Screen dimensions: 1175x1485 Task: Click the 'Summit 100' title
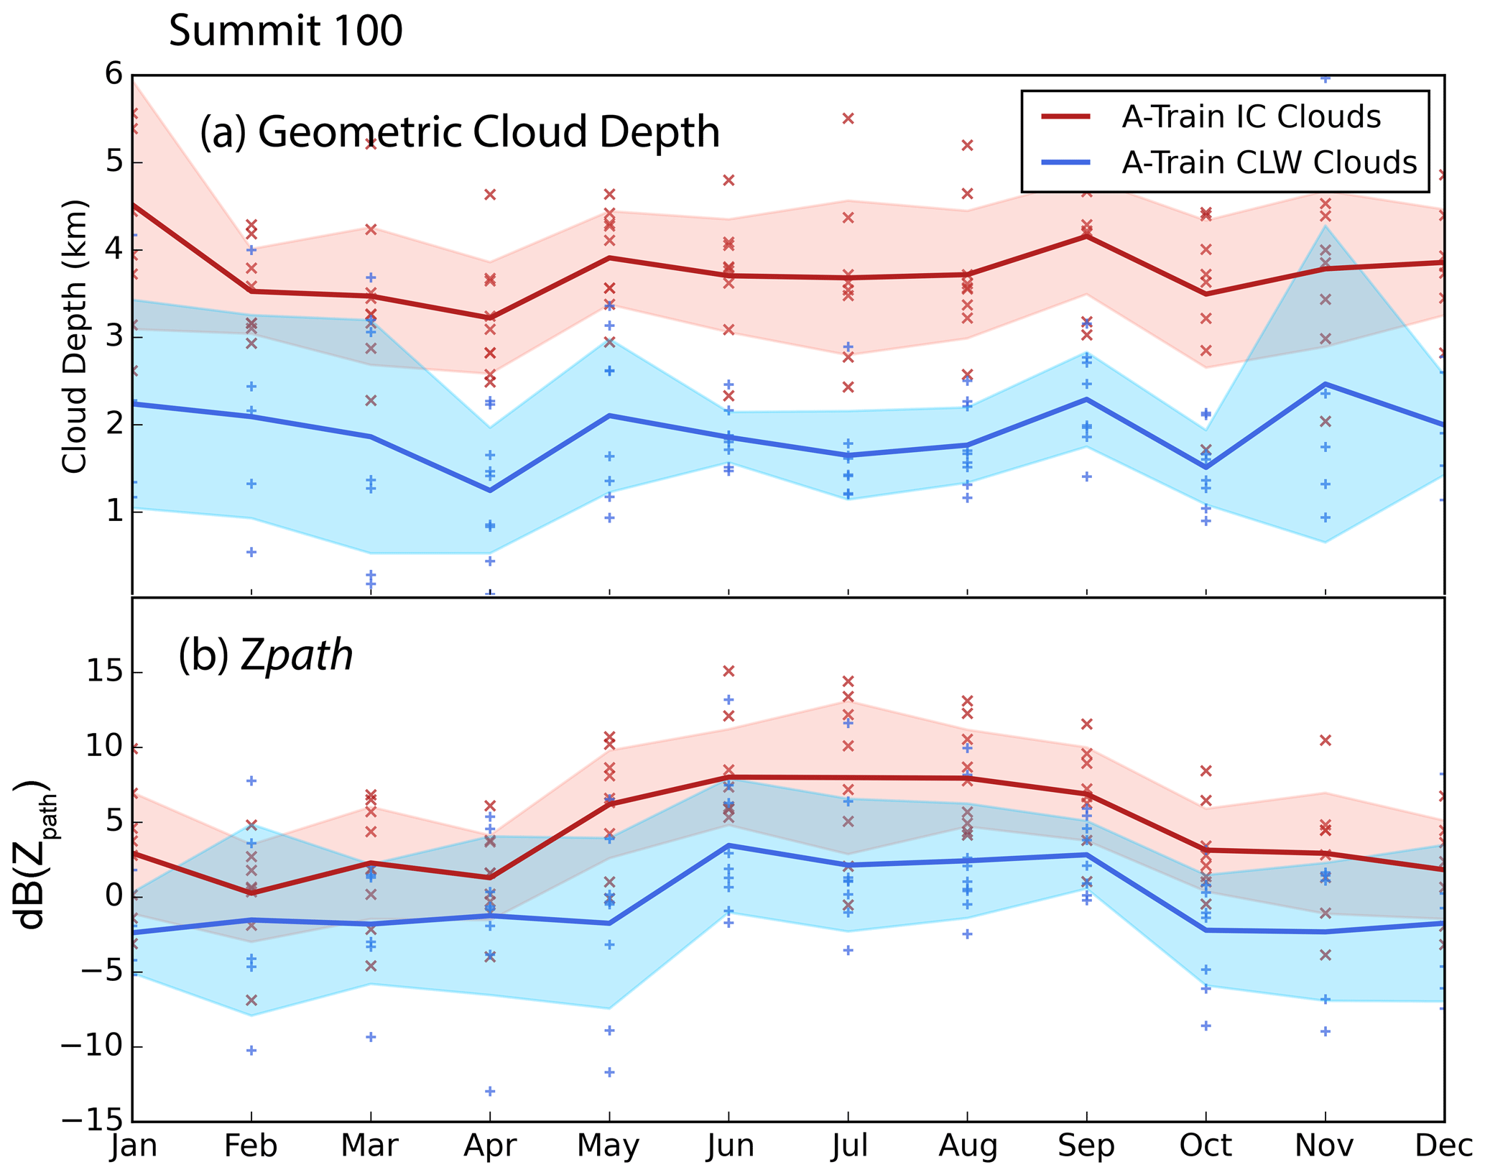285,32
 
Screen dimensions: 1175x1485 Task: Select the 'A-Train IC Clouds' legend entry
1251,117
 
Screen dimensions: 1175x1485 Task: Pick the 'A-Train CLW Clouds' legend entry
1269,163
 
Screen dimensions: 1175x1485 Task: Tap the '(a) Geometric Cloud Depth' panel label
460,132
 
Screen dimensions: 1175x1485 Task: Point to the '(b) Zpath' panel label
266,655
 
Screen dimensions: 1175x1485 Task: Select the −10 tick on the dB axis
95,1048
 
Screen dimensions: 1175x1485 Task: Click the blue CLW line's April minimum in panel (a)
490,491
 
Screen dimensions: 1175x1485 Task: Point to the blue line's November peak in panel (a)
1326,384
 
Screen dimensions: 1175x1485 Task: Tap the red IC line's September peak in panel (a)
1087,236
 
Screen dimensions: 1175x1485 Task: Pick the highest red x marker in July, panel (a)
848,119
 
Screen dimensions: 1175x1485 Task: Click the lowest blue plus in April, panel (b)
490,1091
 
